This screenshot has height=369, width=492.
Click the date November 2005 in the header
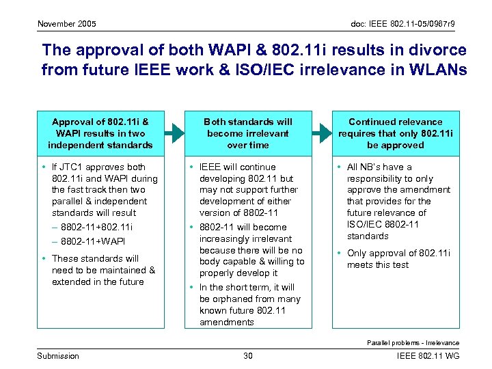(66, 25)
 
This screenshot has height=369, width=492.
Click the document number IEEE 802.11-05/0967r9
(403, 25)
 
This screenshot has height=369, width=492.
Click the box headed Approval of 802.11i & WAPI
(101, 133)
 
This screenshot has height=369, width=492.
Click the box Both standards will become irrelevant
(248, 133)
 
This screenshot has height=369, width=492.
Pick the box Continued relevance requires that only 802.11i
(396, 133)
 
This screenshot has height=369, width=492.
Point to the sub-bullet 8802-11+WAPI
(92, 242)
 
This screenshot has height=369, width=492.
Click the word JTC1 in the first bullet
(76, 167)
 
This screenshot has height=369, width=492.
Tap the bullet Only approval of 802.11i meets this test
(398, 259)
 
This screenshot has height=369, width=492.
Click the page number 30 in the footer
(248, 355)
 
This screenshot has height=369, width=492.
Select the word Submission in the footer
(58, 355)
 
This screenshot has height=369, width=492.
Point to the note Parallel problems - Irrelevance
(413, 342)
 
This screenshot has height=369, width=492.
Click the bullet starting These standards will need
(103, 270)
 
